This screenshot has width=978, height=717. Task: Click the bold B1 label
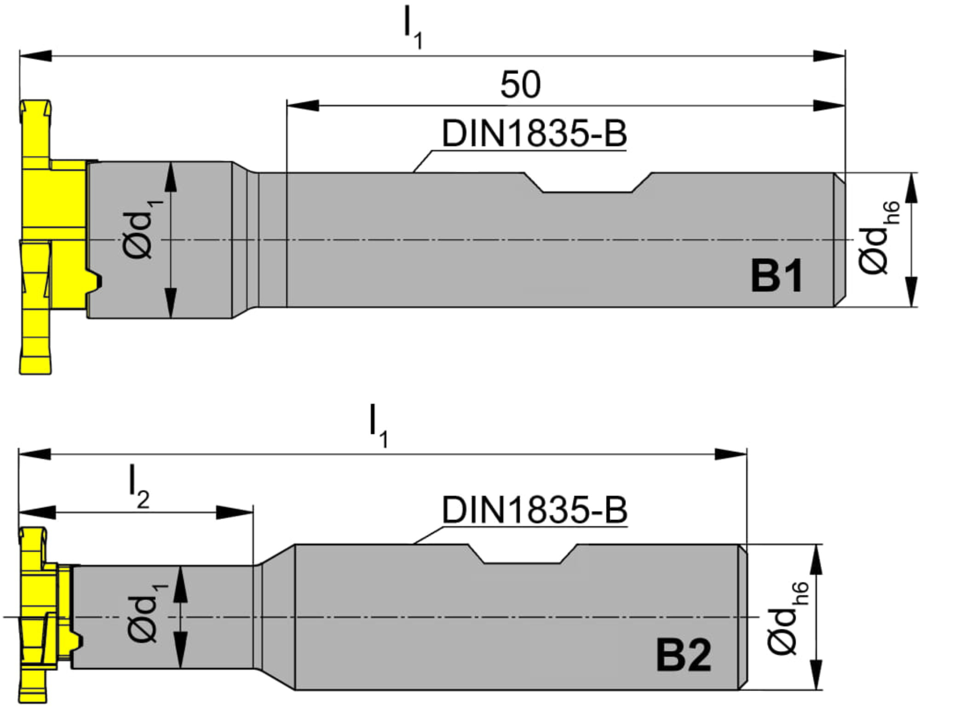click(x=777, y=275)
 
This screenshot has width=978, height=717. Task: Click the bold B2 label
click(x=684, y=655)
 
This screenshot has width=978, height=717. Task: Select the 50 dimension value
click(x=520, y=85)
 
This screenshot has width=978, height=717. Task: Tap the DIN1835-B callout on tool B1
click(x=534, y=133)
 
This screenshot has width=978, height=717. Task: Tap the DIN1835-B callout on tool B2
click(x=535, y=510)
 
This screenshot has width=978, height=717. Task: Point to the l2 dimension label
click(x=139, y=486)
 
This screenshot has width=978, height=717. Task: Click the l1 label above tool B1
click(x=413, y=27)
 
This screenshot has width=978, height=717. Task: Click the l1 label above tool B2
click(x=379, y=425)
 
